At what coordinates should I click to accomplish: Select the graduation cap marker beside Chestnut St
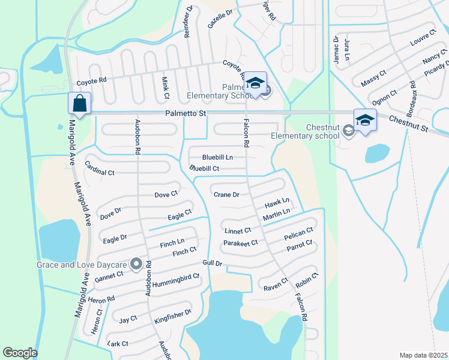[x=364, y=119]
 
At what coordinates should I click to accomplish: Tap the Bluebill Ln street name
[x=217, y=157]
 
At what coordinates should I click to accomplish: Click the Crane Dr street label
[x=227, y=194]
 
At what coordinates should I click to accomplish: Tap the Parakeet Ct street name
[x=240, y=242]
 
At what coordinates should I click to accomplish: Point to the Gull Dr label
[x=213, y=263]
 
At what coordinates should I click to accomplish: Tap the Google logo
[x=20, y=353]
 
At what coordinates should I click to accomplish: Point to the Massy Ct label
[x=372, y=76]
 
